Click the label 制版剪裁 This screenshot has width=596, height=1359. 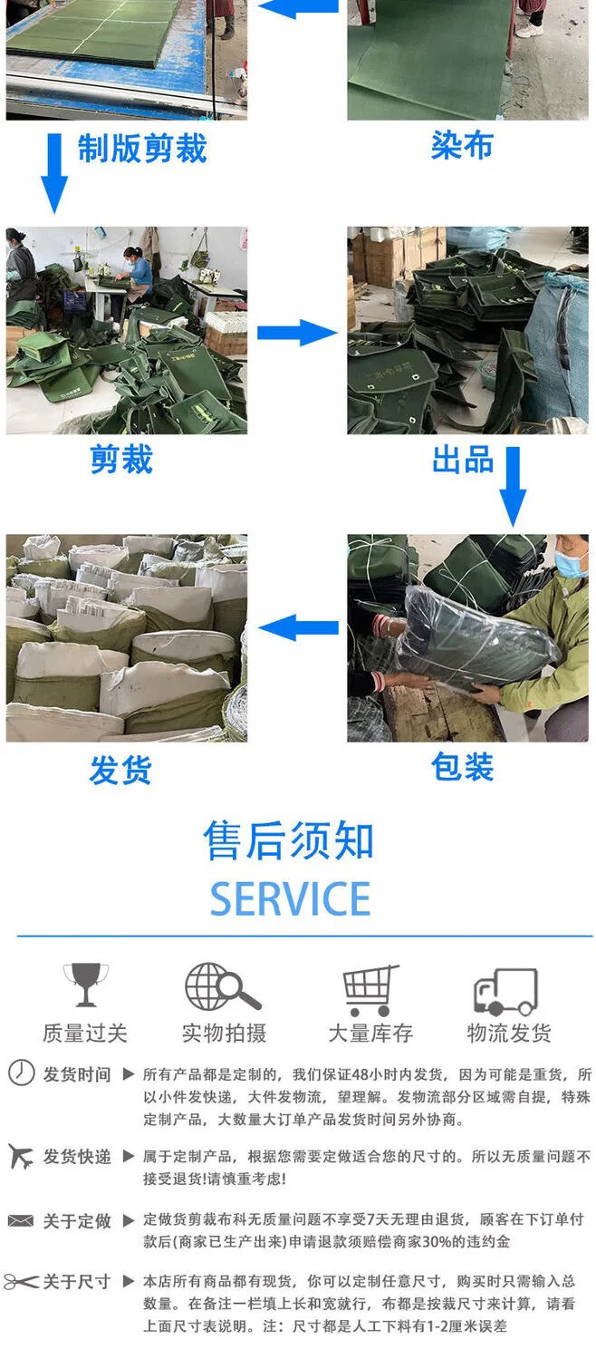[x=142, y=149]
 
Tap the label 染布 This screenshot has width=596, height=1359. [x=462, y=146]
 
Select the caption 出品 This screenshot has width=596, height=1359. [x=463, y=460]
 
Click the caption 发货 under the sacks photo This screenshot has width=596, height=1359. [x=120, y=771]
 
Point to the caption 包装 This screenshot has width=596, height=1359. [x=462, y=766]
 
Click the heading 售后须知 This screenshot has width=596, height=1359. [x=289, y=841]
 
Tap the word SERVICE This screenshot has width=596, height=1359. [x=290, y=898]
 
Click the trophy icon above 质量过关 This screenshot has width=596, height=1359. [x=85, y=984]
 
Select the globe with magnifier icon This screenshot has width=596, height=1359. [x=223, y=986]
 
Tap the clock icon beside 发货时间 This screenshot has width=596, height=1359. [x=21, y=1073]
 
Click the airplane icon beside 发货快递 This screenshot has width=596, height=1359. [x=21, y=1156]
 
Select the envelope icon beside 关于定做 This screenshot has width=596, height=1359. [x=21, y=1220]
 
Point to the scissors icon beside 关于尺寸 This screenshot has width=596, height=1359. [x=21, y=1282]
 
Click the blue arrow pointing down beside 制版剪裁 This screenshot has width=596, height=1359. [x=54, y=173]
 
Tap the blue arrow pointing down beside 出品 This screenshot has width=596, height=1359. [x=513, y=487]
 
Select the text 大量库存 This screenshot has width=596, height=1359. [x=370, y=1033]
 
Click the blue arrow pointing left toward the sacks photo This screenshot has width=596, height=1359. [x=298, y=627]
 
